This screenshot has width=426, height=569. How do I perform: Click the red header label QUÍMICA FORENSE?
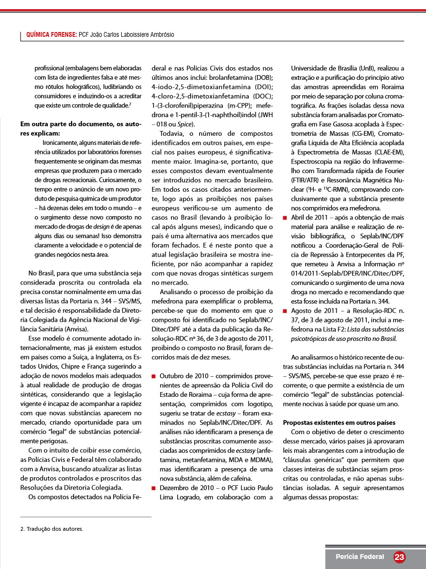(x=52, y=35)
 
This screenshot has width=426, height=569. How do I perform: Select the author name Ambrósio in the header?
(x=160, y=35)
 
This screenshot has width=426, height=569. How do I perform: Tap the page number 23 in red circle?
(x=400, y=557)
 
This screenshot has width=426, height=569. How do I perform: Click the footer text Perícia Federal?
(x=360, y=557)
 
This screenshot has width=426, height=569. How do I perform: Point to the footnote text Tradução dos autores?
(x=55, y=529)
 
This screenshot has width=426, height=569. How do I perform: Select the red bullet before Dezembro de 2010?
(x=154, y=488)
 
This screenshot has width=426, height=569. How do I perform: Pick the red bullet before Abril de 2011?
(x=285, y=217)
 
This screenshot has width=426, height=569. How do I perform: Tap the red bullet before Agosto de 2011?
(x=285, y=311)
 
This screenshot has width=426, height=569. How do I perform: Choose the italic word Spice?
(x=183, y=124)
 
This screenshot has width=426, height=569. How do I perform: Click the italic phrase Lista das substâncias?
(x=375, y=329)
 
